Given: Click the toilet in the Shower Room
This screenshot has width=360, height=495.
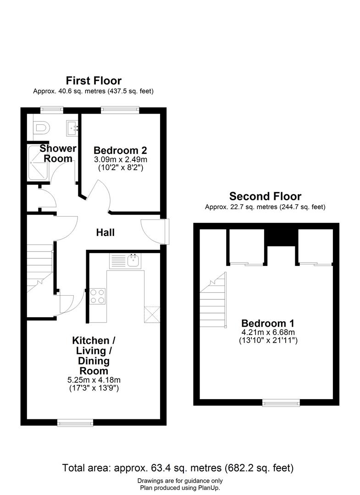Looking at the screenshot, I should [x=41, y=127].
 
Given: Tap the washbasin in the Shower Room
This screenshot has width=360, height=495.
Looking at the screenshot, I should [x=73, y=126].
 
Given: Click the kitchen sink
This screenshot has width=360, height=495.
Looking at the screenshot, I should [x=133, y=261].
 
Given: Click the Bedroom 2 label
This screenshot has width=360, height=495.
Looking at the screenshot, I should [x=120, y=150].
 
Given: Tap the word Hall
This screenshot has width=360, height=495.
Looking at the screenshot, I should [x=105, y=232].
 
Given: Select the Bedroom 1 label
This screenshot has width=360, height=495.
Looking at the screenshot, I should [x=268, y=323].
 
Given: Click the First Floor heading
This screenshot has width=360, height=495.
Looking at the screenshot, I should [x=94, y=81].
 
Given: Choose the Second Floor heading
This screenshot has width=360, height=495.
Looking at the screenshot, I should [x=265, y=197].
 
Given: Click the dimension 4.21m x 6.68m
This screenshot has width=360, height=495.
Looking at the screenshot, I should [x=268, y=332].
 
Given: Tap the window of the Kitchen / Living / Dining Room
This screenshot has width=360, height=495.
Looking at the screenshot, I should [x=75, y=422].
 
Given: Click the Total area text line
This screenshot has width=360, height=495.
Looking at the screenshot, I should [x=178, y=468].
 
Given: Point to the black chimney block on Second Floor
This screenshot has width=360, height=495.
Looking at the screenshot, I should [x=281, y=237].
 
